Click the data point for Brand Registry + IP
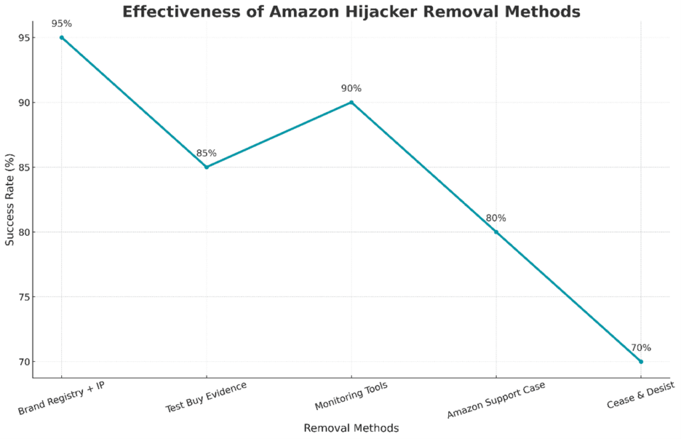click(62, 37)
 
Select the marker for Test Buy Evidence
click(206, 167)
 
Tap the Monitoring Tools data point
click(351, 102)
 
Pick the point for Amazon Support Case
click(495, 232)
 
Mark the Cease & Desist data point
click(640, 361)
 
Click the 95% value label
click(62, 24)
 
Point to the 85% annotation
click(206, 153)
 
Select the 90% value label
click(351, 89)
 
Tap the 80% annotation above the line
click(495, 218)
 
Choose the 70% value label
click(640, 348)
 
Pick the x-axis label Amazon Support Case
click(496, 401)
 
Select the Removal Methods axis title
click(351, 428)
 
